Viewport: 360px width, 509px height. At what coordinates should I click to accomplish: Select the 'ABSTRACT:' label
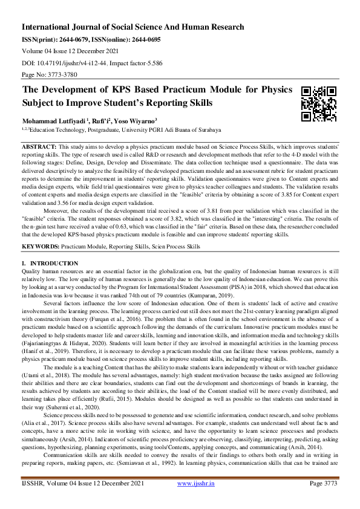click(39, 147)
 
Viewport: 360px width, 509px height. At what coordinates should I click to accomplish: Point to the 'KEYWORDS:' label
click(41, 247)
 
